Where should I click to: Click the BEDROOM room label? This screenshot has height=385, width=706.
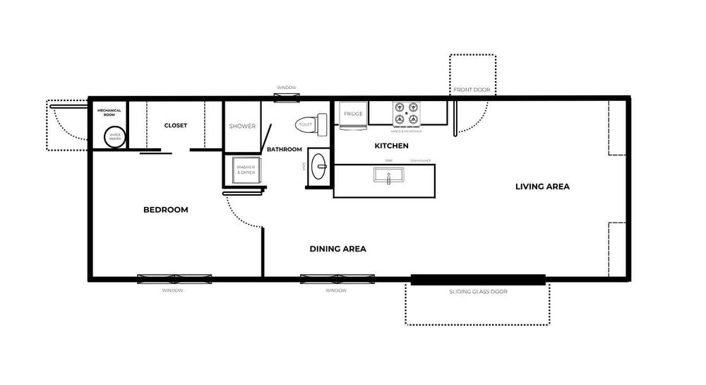[166, 210]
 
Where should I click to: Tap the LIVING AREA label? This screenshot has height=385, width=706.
[542, 186]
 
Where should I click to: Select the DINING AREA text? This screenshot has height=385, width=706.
[337, 249]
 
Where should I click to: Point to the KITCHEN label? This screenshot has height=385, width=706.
[391, 146]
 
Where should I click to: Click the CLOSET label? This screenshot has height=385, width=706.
[176, 126]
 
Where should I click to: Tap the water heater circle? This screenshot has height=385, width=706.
[114, 137]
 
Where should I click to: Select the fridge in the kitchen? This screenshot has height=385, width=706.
[353, 116]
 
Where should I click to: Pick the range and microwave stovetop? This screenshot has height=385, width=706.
[407, 113]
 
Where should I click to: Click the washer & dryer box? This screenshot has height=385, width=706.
[245, 170]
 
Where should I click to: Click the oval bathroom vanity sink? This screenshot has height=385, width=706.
[320, 168]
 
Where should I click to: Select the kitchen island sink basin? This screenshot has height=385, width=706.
[388, 174]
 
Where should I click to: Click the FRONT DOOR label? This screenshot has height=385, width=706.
[472, 90]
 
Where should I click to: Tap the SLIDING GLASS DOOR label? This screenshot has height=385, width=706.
[478, 291]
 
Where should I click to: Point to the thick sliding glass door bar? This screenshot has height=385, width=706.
[478, 279]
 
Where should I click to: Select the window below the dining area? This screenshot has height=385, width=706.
[335, 278]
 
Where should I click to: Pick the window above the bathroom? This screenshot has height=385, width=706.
[286, 97]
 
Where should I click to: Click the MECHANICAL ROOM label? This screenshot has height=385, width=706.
[109, 112]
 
